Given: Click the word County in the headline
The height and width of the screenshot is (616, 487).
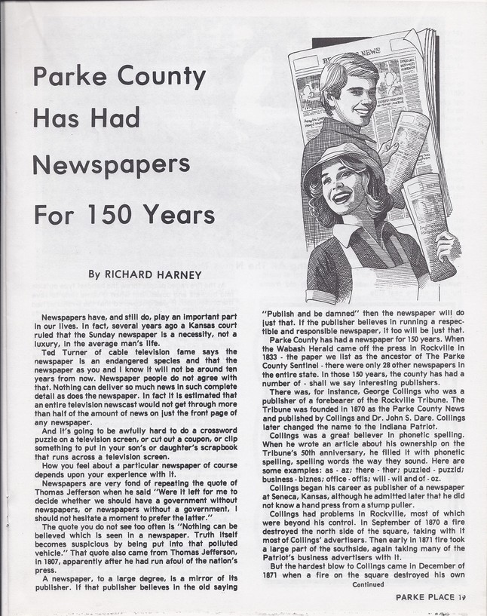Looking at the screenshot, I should [x=158, y=78].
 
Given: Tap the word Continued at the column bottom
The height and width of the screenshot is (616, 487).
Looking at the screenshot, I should [x=366, y=583].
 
